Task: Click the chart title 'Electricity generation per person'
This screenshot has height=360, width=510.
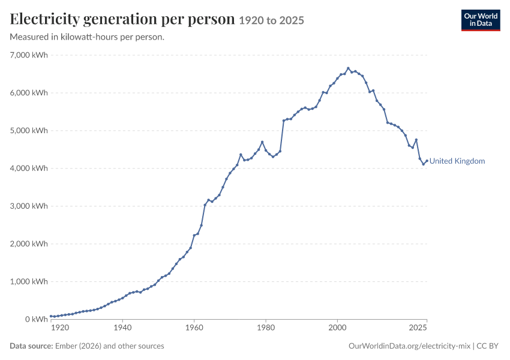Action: point(122,19)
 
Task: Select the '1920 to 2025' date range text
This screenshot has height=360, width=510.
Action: point(272,20)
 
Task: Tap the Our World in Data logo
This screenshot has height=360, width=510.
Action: point(481,20)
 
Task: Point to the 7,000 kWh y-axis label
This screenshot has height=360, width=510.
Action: point(29,55)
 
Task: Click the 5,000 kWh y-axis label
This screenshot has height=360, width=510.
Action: point(29,130)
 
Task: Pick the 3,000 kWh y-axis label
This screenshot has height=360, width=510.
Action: point(29,206)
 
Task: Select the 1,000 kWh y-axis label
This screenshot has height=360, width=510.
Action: point(29,281)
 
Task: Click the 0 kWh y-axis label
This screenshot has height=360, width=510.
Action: point(37,319)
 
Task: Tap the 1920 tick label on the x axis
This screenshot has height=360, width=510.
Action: point(60,327)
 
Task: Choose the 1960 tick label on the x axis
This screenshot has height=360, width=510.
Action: point(194,327)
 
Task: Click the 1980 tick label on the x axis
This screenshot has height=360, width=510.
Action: point(266,327)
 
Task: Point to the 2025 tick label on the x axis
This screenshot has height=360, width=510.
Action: point(418,327)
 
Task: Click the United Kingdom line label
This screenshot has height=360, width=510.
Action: point(457,161)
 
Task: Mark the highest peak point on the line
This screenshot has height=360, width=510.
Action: point(348,68)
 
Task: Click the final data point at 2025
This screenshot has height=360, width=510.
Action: point(427,161)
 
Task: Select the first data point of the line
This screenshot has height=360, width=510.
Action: point(51,316)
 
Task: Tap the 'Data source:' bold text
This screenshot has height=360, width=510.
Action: point(31,346)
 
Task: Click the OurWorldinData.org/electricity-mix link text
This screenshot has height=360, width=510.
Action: point(409,346)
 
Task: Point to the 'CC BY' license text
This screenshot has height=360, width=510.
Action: point(487,346)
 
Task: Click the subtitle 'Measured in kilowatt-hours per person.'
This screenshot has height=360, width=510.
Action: point(87,37)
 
